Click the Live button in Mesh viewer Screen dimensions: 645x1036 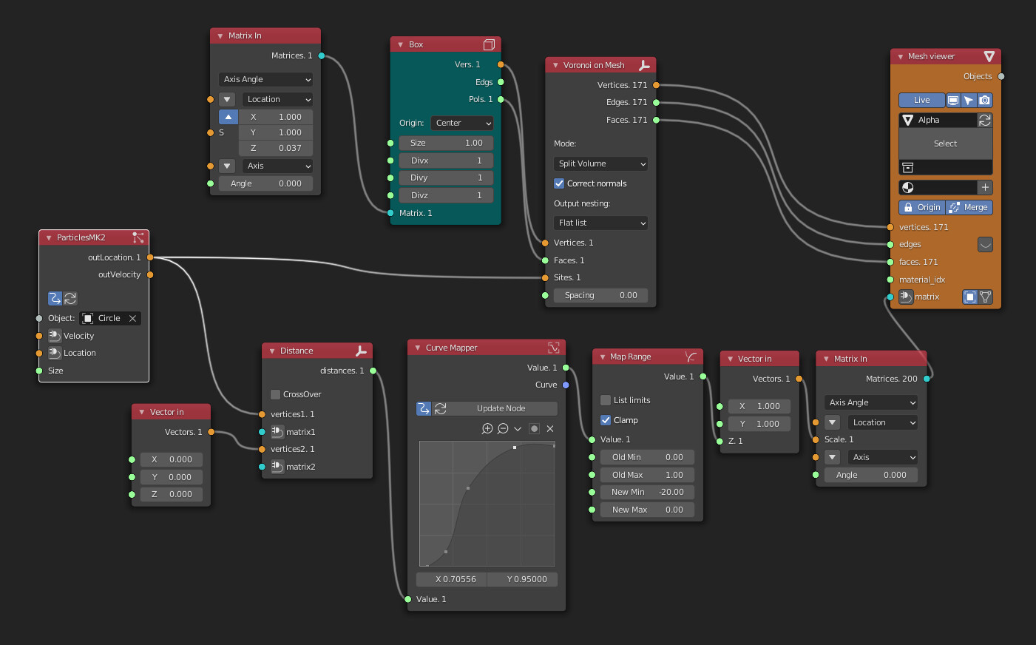pos(921,100)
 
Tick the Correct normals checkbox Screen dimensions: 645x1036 pos(559,183)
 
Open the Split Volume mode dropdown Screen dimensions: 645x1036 pos(600,163)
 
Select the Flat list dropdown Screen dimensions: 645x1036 pos(600,223)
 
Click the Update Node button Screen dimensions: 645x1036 pos(501,408)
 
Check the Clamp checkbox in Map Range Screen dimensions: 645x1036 pos(606,420)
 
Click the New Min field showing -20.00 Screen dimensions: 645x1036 pos(643,492)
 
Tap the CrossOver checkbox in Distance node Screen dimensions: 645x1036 pos(275,394)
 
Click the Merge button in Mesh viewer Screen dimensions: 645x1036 pos(969,207)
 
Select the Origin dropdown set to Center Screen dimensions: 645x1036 pos(462,123)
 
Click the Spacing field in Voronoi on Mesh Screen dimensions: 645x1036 pos(600,295)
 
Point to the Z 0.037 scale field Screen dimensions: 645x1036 pos(275,148)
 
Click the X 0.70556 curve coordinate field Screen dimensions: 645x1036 pos(452,579)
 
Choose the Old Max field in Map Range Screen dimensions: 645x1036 pos(643,475)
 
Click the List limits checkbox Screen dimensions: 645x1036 pos(606,400)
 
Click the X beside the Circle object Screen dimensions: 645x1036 pos(132,318)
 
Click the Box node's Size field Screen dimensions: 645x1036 pos(446,143)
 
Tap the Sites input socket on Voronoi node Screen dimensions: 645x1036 pos(546,277)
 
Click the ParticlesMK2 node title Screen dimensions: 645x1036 pos(81,237)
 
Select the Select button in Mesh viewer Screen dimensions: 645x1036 pos(945,143)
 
